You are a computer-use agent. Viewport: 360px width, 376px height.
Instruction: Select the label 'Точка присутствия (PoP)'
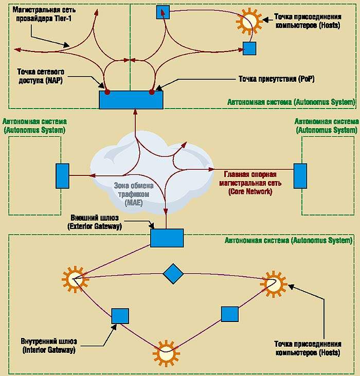pyautogui.click(x=276, y=79)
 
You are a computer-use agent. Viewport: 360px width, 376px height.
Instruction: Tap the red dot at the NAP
pyautogui.click(x=107, y=92)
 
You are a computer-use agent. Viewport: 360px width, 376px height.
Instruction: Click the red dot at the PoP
pyautogui.click(x=152, y=92)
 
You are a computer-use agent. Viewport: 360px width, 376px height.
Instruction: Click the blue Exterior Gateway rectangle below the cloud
pyautogui.click(x=167, y=238)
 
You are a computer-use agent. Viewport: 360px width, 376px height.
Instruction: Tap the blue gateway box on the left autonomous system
pyautogui.click(x=62, y=176)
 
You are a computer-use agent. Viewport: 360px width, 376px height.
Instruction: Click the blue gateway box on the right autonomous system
pyautogui.click(x=300, y=176)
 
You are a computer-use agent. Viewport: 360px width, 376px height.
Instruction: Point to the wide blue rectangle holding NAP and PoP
pyautogui.click(x=131, y=99)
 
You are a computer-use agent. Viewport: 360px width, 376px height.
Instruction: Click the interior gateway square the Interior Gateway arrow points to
pyautogui.click(x=120, y=315)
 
